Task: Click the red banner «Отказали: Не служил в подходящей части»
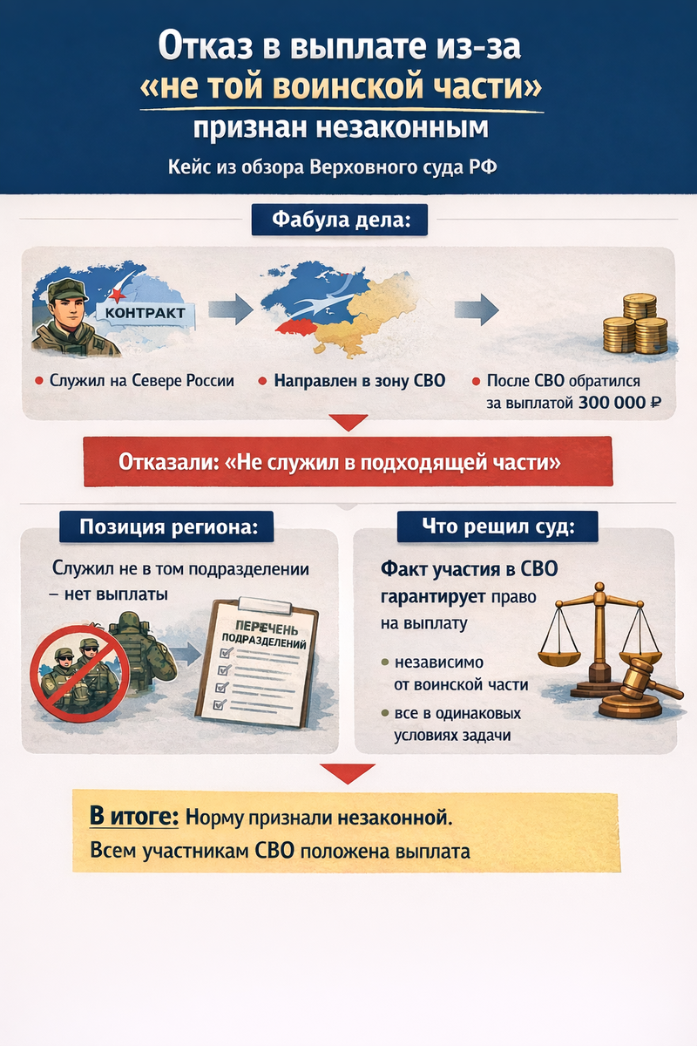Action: (x=347, y=462)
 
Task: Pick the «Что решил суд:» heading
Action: (x=497, y=526)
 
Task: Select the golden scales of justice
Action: (x=597, y=631)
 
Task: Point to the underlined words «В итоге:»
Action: (x=134, y=818)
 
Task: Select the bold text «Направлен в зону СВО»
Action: (x=359, y=381)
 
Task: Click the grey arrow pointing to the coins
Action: (x=477, y=308)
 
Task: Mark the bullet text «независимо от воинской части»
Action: (x=462, y=673)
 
